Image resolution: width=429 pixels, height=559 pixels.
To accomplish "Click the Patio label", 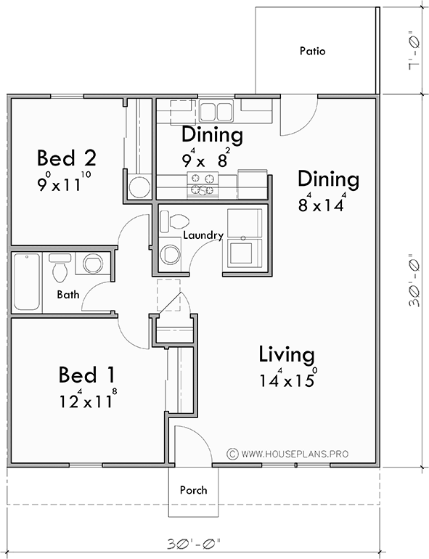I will pos(312,52).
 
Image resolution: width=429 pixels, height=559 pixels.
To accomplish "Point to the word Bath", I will pos(69,294).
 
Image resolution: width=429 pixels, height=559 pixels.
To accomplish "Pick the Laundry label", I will pos(203,235).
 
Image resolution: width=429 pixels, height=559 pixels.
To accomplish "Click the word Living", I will pos(287,355).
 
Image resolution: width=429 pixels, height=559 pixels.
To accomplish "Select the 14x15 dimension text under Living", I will pos(287,380).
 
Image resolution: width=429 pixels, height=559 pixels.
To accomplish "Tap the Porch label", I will pos(193,490).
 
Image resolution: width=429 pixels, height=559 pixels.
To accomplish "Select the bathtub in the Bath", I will pos(27,282).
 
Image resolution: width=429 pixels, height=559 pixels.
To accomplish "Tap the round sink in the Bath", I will pos(92,264).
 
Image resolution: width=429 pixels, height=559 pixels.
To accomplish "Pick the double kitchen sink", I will pos(215,111).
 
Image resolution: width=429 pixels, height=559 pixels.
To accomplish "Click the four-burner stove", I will pos(201,185).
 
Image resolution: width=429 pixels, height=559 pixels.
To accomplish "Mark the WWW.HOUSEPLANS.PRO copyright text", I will pos(293,454).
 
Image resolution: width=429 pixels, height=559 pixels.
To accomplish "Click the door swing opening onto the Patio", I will pos(297,116).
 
